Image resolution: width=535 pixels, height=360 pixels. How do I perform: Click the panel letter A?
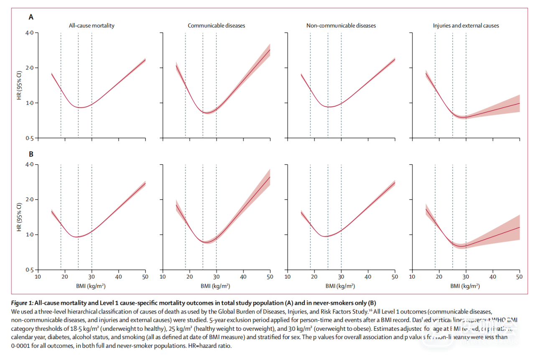(x=31, y=17)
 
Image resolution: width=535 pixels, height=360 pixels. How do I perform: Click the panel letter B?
(x=31, y=154)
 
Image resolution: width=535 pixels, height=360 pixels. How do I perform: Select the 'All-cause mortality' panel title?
(x=92, y=26)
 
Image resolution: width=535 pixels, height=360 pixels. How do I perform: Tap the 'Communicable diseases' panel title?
(x=216, y=26)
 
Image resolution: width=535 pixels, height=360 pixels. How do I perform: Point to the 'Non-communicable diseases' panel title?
(x=341, y=26)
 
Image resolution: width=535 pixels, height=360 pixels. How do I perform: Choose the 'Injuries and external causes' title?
(x=466, y=26)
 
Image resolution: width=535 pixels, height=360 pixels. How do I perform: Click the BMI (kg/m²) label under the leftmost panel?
(x=92, y=286)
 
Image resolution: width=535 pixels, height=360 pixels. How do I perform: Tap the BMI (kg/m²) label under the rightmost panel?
(x=466, y=286)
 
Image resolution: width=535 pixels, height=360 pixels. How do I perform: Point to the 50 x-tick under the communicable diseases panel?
(x=270, y=277)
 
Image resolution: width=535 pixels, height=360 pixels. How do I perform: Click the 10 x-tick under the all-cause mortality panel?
(x=38, y=277)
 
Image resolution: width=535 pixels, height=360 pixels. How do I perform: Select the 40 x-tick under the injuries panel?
(x=493, y=277)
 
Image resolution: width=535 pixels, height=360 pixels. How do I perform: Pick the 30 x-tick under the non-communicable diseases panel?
(x=341, y=277)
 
